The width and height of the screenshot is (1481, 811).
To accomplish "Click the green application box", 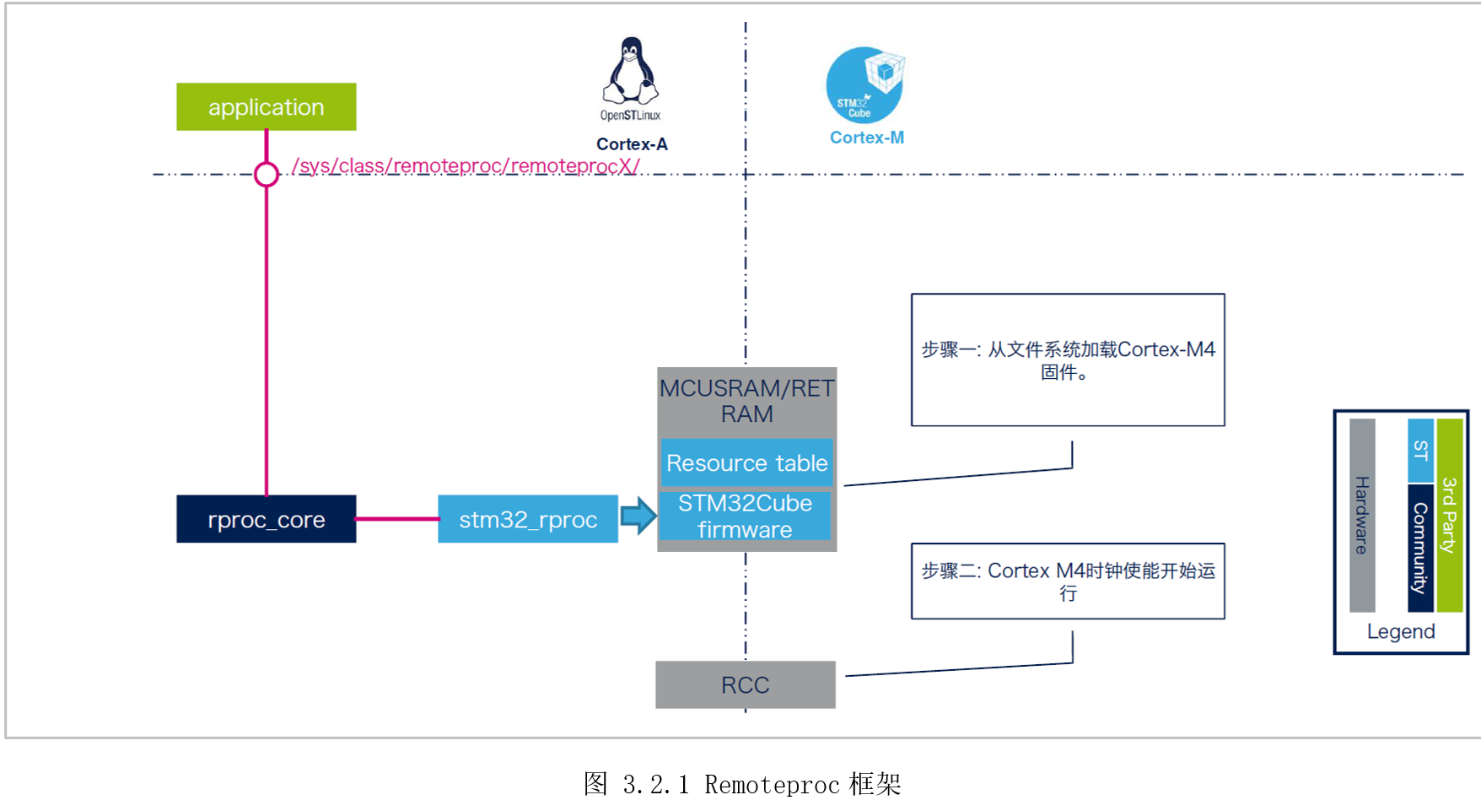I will (266, 107).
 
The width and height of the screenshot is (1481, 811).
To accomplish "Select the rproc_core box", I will (266, 519).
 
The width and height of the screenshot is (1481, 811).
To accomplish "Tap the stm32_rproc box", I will (528, 519).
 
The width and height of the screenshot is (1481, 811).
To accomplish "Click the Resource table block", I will (746, 462).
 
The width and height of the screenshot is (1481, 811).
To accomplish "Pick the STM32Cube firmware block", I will (745, 516).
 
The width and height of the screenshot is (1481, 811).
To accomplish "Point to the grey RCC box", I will (745, 684).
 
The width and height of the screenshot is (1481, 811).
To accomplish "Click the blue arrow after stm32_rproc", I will (638, 516).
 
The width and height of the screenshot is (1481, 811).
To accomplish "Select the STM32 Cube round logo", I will (864, 85).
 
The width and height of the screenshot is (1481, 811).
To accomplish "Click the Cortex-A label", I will (632, 144).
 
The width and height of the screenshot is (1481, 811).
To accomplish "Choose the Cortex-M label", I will (866, 138).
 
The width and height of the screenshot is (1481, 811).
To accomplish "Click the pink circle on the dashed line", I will (267, 174).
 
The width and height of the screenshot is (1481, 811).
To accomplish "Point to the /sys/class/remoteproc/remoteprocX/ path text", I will (466, 165).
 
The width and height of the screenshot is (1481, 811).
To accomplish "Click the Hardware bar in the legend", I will (1362, 515).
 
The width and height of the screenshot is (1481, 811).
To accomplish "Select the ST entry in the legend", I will (1421, 451).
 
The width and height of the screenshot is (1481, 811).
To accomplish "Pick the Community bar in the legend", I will (1421, 547).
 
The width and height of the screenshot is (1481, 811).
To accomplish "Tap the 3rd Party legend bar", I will (1450, 515).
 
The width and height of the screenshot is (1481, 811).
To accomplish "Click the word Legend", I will (1401, 631).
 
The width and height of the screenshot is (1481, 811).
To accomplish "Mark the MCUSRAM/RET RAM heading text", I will (746, 401).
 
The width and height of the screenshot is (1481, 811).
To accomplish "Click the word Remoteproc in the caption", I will (772, 785).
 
